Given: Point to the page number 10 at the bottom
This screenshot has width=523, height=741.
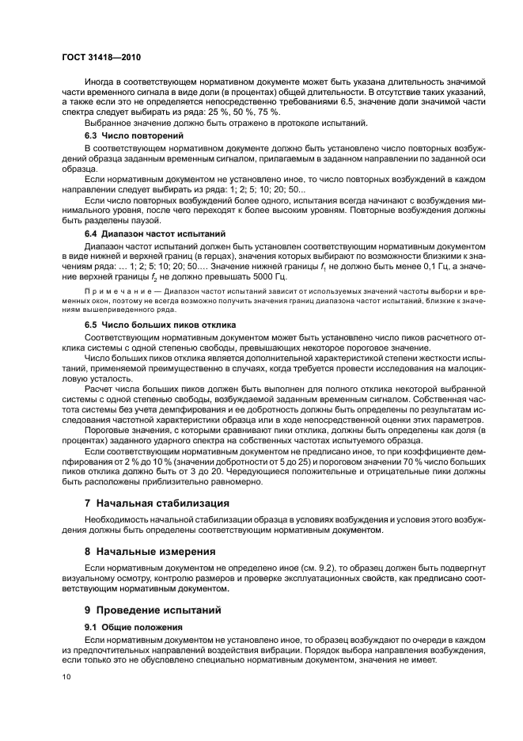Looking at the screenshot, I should (67, 677).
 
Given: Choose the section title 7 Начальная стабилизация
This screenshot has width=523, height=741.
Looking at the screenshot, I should (157, 503).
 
